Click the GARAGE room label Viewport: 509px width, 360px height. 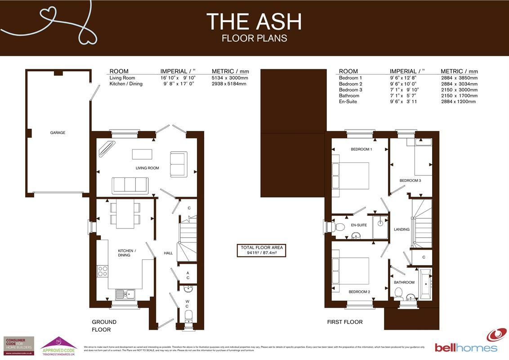tap(58, 133)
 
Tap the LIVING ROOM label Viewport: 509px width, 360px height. tap(147, 168)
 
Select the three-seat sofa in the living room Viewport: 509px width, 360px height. tap(130, 185)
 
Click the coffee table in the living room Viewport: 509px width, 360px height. tap(142, 154)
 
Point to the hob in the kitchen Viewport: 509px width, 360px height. tap(103, 271)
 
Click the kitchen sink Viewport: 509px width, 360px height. tap(125, 294)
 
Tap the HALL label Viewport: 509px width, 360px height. tap(168, 253)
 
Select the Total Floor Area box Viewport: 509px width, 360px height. tap(261, 250)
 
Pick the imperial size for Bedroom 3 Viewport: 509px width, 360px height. tap(404, 90)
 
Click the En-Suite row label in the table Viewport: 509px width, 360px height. tap(348, 102)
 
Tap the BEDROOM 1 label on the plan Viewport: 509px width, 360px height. tap(362, 149)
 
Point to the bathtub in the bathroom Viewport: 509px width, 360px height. tap(425, 284)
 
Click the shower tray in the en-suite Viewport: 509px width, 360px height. tap(381, 222)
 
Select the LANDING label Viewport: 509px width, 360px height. tap(402, 229)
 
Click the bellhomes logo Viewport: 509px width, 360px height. tap(466, 342)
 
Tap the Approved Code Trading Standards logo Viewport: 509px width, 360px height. tap(58, 346)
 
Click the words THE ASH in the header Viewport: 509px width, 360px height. tap(254, 22)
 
